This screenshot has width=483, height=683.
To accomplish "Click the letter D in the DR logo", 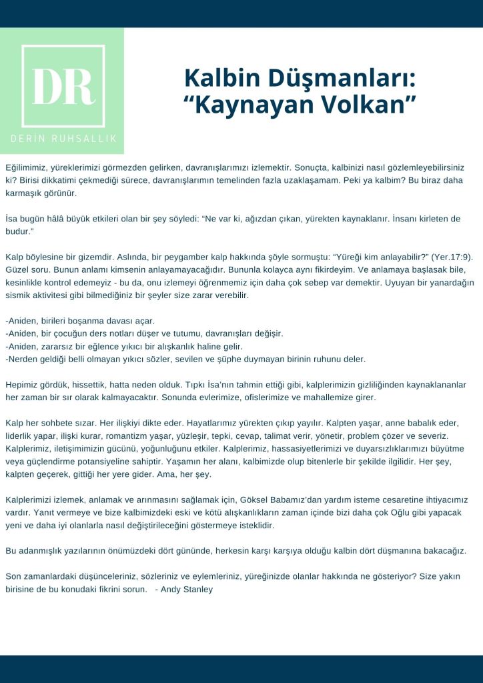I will click(48, 86).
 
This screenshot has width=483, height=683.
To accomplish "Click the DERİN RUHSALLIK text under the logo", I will click(63, 138).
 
